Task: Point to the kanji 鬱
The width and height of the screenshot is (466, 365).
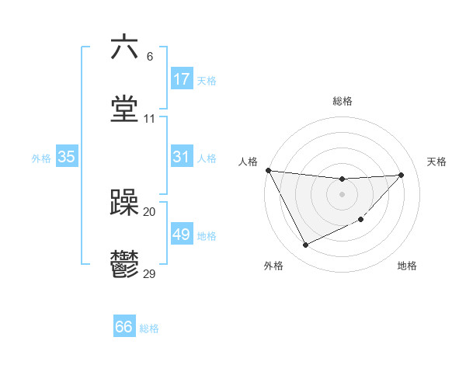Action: click(x=124, y=265)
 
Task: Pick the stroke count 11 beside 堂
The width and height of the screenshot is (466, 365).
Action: click(x=149, y=119)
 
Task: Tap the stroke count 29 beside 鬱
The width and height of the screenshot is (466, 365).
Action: click(x=149, y=273)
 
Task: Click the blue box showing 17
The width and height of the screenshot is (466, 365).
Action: click(x=182, y=79)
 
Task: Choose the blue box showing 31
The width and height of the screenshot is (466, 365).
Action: click(x=182, y=157)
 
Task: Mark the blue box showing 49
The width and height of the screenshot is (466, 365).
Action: click(x=182, y=235)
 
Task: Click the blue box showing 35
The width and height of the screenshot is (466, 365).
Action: click(x=67, y=157)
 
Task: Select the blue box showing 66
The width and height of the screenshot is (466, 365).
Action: click(x=124, y=327)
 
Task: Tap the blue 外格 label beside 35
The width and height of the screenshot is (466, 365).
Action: click(x=41, y=158)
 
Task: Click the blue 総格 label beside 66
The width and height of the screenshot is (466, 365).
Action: click(x=149, y=328)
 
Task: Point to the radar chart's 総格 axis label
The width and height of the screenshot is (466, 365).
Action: click(x=342, y=101)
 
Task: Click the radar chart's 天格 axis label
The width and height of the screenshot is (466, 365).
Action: click(x=437, y=162)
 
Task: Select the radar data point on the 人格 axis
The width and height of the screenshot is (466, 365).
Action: click(x=268, y=170)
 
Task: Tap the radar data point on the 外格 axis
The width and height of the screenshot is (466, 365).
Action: click(x=305, y=245)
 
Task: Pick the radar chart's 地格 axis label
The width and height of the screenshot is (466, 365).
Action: click(x=407, y=266)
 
